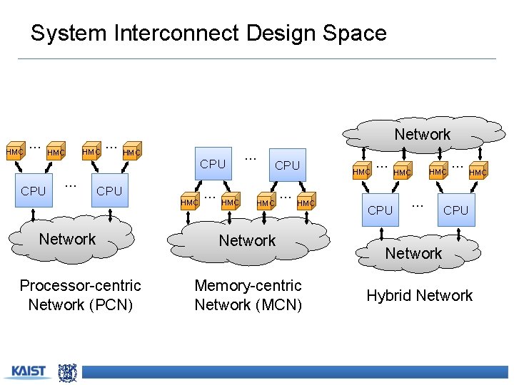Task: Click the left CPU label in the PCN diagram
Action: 33,191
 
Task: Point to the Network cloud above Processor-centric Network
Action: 67,239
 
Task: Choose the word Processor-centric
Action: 80,286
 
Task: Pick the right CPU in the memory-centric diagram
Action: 287,165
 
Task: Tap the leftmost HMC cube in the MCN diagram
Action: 189,202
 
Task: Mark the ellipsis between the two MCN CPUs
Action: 250,156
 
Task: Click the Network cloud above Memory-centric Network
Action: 247,240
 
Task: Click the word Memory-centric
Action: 248,286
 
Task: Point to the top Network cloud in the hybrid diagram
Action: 422,134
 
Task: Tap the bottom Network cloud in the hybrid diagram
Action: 413,253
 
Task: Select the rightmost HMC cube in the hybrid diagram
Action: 478,172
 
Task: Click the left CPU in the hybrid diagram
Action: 380,210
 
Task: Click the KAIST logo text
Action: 29,371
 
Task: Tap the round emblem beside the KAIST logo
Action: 67,372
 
